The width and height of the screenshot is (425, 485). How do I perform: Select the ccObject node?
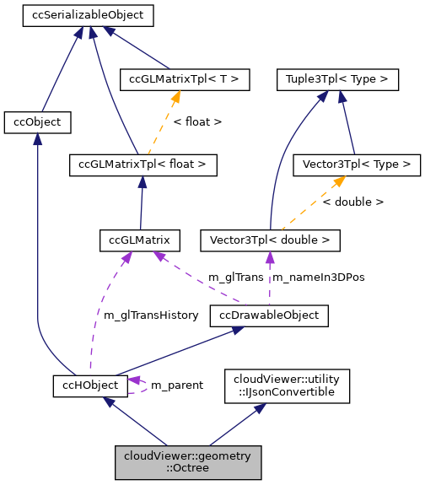37,122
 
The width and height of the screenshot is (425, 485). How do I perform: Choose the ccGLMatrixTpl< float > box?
143,164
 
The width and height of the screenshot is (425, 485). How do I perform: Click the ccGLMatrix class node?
139,240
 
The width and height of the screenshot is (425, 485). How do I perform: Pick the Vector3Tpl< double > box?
270,240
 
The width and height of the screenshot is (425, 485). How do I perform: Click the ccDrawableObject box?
268,315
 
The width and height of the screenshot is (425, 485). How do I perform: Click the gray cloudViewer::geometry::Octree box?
187,462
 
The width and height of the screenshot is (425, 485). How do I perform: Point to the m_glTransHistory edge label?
150,315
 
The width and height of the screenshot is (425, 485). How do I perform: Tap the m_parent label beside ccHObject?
176,385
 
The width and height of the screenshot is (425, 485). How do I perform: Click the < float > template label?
197,121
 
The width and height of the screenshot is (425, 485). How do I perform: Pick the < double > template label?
352,202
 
